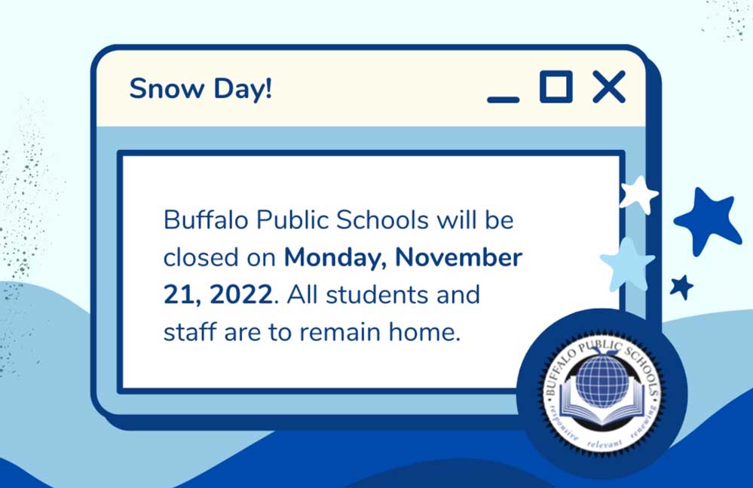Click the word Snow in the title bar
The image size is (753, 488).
point(166,88)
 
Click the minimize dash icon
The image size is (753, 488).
point(503,100)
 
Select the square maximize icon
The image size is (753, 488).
point(556,87)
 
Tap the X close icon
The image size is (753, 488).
point(609,87)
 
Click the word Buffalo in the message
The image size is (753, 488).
point(206,219)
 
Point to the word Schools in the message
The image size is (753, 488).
point(382,219)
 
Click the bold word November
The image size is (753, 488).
point(458,257)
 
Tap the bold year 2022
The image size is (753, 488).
point(241,294)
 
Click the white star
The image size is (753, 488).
point(638,194)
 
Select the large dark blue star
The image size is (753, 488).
point(707,219)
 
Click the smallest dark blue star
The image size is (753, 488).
point(682,287)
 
